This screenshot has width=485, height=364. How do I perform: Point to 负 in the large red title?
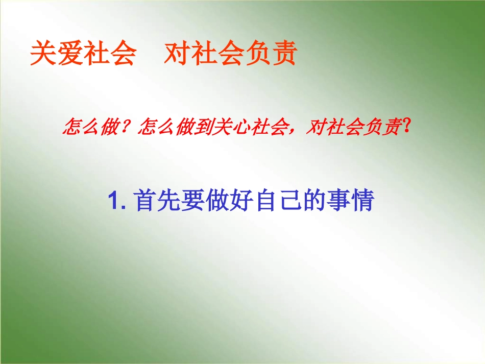point(257,54)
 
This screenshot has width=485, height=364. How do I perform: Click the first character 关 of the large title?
point(43,54)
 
